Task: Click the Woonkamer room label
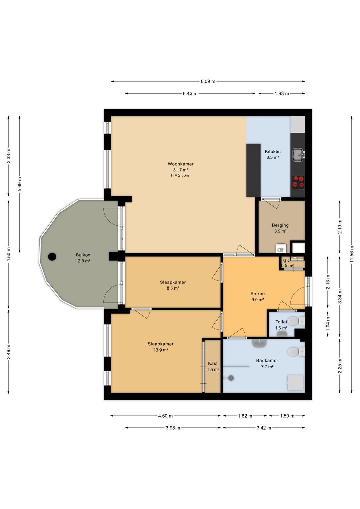point(181,164)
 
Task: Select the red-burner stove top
point(298,181)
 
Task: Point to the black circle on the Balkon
point(52,257)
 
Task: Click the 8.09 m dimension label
point(208,81)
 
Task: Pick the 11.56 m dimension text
point(352,254)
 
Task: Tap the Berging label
point(280,225)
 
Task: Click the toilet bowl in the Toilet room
point(293,321)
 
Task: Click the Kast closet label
point(213,363)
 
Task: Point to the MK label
point(286,261)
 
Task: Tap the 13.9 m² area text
point(161,350)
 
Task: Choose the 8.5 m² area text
point(173,288)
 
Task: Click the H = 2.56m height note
point(180,175)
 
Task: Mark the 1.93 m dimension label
point(282,93)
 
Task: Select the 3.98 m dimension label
point(173,428)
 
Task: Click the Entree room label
point(257,294)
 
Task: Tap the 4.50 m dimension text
point(9,254)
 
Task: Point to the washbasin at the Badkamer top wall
point(259,343)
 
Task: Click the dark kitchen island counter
point(253,170)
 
